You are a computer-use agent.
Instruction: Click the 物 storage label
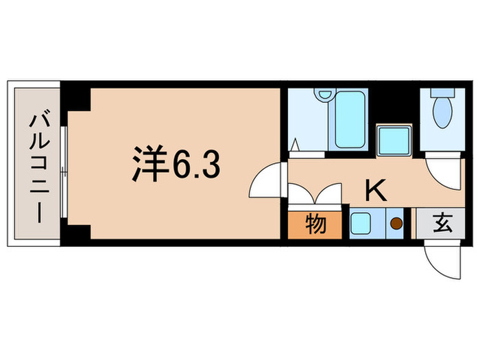315,225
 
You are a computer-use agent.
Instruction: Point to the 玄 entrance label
442,224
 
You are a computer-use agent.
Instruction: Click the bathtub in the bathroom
351,121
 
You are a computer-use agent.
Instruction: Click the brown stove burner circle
396,224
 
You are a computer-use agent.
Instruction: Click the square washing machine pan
394,141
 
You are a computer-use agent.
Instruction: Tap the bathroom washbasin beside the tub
326,95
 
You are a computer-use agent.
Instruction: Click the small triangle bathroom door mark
296,145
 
